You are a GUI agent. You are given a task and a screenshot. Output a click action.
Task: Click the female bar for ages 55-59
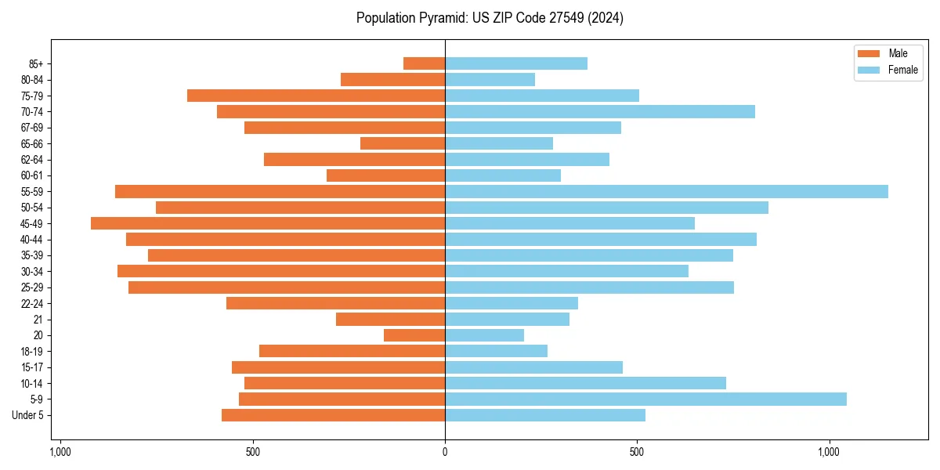click(x=666, y=192)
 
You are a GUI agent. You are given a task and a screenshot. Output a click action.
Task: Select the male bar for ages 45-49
click(x=268, y=223)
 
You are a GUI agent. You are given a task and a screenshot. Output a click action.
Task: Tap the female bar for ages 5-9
click(x=645, y=399)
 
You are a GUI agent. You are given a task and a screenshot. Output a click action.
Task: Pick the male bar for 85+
click(x=424, y=63)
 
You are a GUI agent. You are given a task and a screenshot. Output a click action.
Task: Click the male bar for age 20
click(x=414, y=335)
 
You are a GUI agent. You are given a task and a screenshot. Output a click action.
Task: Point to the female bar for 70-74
click(x=600, y=112)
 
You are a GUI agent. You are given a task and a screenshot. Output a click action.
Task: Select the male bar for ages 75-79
click(x=316, y=96)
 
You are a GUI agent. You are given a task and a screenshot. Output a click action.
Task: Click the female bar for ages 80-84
click(x=490, y=80)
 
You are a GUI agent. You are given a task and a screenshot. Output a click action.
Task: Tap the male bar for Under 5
click(x=333, y=415)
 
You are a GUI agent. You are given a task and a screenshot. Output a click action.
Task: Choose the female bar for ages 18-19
click(x=496, y=351)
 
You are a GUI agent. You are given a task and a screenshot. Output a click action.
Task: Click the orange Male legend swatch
click(x=869, y=53)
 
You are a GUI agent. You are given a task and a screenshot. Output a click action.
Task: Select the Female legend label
click(x=902, y=70)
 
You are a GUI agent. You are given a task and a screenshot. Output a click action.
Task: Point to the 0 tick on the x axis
click(x=445, y=452)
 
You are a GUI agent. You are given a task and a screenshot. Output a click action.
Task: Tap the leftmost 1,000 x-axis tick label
click(x=60, y=452)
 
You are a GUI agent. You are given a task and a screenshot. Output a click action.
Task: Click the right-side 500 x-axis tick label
click(x=637, y=452)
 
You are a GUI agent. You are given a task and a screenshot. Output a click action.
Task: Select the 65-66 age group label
click(x=32, y=144)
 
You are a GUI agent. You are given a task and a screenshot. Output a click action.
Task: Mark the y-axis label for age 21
click(x=38, y=320)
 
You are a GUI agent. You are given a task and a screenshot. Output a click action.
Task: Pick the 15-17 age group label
click(x=32, y=367)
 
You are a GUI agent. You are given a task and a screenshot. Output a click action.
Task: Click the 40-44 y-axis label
click(x=32, y=240)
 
